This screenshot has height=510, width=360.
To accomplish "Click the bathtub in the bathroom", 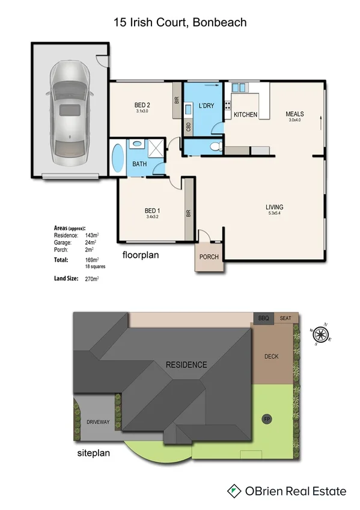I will coord(117,158).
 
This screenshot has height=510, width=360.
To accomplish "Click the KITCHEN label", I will coord(245,114).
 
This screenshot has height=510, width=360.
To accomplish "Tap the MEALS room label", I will coord(294,114).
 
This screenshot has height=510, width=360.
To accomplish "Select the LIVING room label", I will coord(274,208).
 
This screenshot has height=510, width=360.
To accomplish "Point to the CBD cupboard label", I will coord(189,127).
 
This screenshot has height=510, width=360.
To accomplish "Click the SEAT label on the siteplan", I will coord(285,318).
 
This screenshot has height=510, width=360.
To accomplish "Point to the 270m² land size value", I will coord(91,279).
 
